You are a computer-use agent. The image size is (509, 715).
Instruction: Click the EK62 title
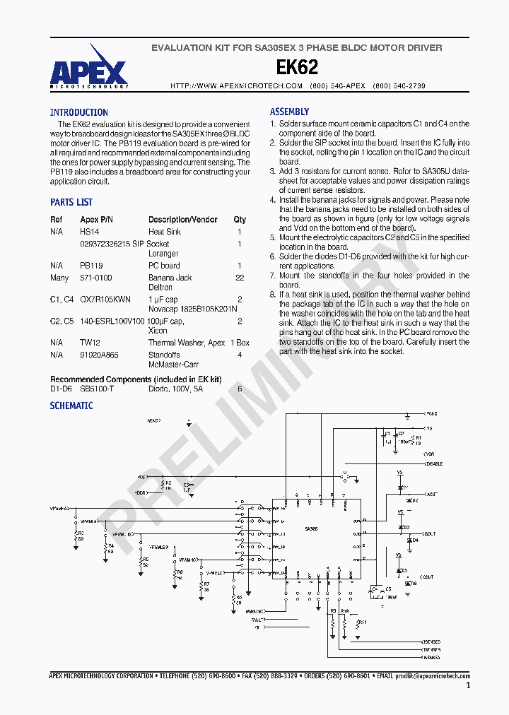(297, 67)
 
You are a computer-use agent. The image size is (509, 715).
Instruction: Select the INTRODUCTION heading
(78, 112)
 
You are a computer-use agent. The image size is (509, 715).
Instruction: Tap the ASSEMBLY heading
(289, 112)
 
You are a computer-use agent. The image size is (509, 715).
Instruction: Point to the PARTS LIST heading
(71, 202)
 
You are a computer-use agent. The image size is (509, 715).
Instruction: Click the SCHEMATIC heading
(71, 406)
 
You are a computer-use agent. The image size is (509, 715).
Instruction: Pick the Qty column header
(240, 220)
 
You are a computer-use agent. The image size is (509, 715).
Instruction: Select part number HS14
(90, 232)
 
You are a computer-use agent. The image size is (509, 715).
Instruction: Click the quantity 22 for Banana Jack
(240, 278)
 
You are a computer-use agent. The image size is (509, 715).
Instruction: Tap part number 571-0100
(95, 278)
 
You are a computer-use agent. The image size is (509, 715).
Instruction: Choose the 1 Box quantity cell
(240, 343)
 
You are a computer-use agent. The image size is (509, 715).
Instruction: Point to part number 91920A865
(100, 355)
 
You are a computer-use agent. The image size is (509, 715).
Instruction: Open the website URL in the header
(237, 85)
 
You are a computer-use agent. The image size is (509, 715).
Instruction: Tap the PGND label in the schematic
(431, 414)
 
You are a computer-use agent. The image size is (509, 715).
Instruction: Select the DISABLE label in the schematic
(434, 463)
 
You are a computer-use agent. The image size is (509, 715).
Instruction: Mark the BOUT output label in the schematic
(431, 534)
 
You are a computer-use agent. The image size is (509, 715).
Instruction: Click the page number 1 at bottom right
(468, 685)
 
